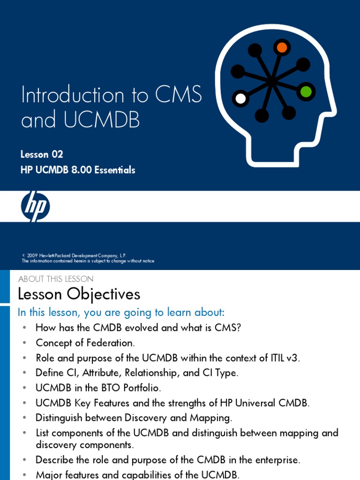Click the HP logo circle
pyautogui.click(x=35, y=206)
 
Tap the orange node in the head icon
pyautogui.click(x=281, y=47)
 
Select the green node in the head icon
pyautogui.click(x=306, y=91)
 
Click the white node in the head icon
pyautogui.click(x=240, y=98)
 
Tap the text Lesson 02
pyautogui.click(x=42, y=154)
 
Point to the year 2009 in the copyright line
pyautogui.click(x=32, y=255)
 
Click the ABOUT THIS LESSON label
pyautogui.click(x=56, y=279)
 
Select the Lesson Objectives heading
pyautogui.click(x=79, y=294)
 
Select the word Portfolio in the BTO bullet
pyautogui.click(x=140, y=388)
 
